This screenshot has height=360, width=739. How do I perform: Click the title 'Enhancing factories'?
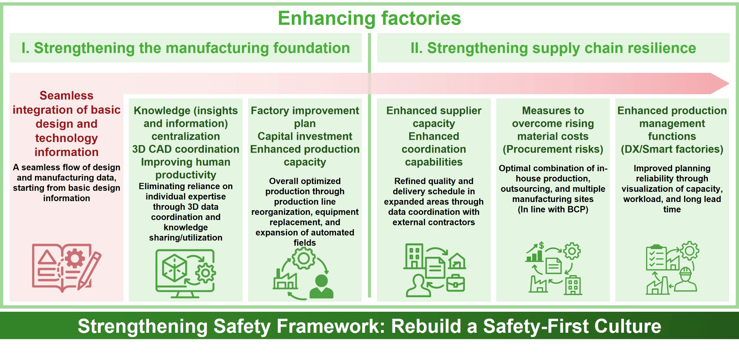(369, 18)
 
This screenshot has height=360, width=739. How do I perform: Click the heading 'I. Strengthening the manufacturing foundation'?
(186, 48)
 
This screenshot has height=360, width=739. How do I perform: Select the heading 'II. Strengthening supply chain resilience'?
(553, 48)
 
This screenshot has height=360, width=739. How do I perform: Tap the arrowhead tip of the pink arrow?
(729, 83)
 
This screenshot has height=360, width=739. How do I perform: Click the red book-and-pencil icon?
(67, 268)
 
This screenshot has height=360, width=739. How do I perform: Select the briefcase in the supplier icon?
(455, 283)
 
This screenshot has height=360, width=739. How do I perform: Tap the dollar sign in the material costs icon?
(541, 246)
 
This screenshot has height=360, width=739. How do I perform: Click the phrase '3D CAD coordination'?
(186, 149)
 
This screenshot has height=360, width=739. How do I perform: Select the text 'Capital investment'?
(305, 137)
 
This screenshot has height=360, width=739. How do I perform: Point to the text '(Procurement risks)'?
(553, 149)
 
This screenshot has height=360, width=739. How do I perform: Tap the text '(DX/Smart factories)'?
(672, 149)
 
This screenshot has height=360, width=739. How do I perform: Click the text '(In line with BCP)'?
(553, 210)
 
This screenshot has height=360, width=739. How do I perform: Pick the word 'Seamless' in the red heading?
(67, 96)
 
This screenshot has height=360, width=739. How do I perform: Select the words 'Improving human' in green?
(186, 162)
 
